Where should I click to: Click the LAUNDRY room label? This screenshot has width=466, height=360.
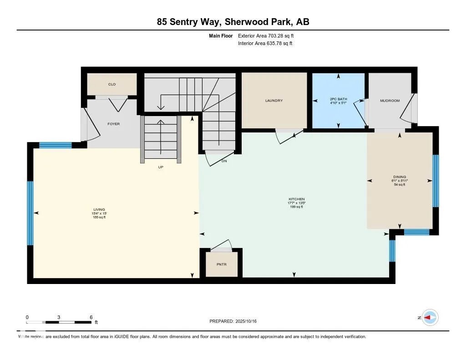(x=274, y=101)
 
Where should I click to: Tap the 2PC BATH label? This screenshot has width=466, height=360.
(x=338, y=99)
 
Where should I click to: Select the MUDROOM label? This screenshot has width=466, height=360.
(x=390, y=101)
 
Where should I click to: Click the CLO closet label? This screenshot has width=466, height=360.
(x=111, y=84)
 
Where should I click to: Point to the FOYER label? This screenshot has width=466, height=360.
(x=113, y=124)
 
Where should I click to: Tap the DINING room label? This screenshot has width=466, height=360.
(x=400, y=177)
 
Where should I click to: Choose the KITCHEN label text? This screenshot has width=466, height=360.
(x=296, y=199)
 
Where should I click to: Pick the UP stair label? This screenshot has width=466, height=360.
(x=161, y=167)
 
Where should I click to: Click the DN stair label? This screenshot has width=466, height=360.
(x=224, y=161)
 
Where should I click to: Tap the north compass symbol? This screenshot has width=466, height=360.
(x=430, y=317)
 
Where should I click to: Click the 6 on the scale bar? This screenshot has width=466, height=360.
(x=91, y=317)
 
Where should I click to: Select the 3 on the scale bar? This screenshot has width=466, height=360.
(x=59, y=317)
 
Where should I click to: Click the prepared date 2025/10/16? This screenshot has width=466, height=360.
(x=249, y=321)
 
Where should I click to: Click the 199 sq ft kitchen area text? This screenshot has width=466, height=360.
(x=296, y=207)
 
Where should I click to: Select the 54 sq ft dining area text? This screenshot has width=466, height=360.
(x=400, y=184)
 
